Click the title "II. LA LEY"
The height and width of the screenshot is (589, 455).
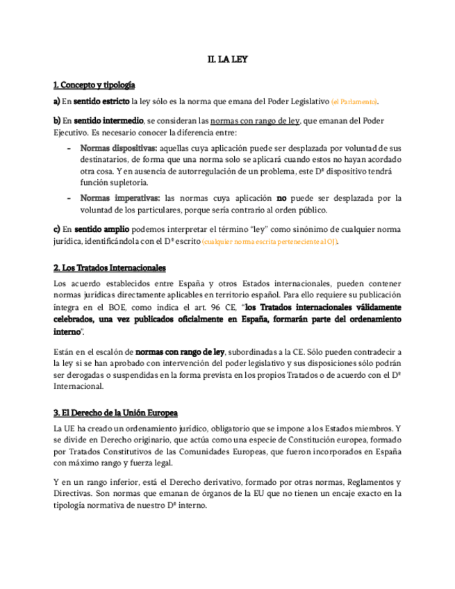click(x=227, y=60)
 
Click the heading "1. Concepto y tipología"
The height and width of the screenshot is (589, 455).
click(x=94, y=85)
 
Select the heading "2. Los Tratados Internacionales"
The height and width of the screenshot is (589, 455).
click(x=110, y=268)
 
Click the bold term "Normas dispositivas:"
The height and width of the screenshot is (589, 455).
click(x=119, y=148)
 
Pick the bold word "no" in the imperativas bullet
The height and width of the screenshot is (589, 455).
click(x=281, y=199)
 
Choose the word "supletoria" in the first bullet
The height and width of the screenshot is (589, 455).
click(x=126, y=182)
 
